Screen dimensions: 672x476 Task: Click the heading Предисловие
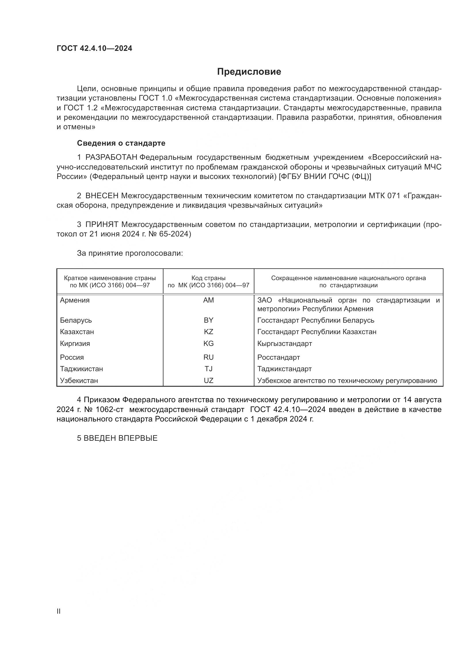[249, 72]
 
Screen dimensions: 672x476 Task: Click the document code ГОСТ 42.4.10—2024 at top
[94, 48]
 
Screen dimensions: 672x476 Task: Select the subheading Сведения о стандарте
[121, 143]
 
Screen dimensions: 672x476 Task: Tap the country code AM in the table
[208, 300]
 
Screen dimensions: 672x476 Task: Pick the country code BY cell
[208, 320]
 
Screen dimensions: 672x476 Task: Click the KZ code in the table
[208, 332]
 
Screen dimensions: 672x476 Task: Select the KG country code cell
[208, 343]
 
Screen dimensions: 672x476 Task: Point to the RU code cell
[208, 357]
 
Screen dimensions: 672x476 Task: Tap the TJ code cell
[208, 369]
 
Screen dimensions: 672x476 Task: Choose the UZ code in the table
[208, 380]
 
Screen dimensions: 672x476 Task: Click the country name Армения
[75, 300]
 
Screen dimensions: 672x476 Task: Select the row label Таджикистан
[81, 369]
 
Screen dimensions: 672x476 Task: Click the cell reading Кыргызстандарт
[285, 343]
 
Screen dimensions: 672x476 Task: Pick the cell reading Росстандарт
[279, 357]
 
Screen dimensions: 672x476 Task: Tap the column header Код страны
[208, 278]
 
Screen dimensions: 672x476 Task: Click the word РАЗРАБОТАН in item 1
[111, 157]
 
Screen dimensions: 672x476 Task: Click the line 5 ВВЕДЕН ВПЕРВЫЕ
[117, 438]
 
